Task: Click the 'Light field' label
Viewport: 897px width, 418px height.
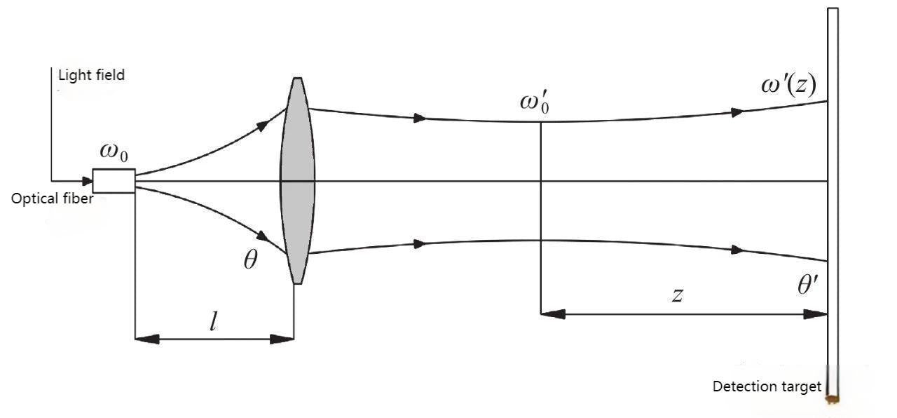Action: coord(91,75)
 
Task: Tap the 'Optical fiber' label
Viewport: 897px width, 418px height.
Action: coord(52,198)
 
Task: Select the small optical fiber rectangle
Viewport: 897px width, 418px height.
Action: coord(114,181)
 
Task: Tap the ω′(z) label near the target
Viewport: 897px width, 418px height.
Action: coord(788,88)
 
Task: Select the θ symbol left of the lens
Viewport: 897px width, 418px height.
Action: coord(250,261)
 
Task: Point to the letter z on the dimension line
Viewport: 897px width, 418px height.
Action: coord(677,295)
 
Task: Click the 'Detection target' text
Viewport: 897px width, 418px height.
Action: coord(767,386)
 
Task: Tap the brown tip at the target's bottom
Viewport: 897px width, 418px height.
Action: coord(833,400)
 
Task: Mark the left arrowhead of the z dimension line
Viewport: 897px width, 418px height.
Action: coord(554,315)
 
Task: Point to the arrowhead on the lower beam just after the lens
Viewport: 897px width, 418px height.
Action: coord(419,244)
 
